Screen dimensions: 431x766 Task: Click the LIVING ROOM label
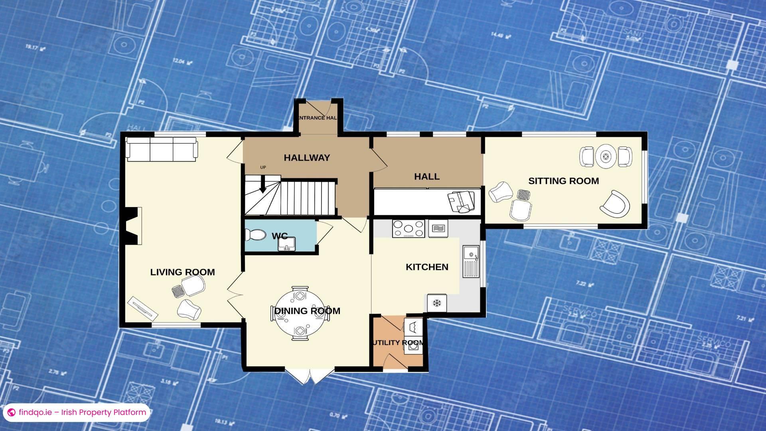point(182,272)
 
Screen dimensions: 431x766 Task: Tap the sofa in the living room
point(162,149)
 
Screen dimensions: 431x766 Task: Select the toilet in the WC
point(255,235)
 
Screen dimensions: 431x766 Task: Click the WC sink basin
point(286,244)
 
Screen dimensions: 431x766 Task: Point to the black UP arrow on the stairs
point(263,186)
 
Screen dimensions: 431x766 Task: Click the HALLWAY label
point(307,158)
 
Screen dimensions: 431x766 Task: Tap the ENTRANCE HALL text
point(318,118)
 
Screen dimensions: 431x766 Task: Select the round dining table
point(300,314)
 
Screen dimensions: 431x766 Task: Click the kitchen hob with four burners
point(408,229)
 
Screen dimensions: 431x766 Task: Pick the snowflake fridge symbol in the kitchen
point(437,303)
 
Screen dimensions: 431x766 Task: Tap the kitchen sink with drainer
point(471,261)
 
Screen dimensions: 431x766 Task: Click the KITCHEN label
point(427,267)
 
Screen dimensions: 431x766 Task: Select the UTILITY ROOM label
point(398,343)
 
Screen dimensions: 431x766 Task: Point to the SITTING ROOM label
point(563,181)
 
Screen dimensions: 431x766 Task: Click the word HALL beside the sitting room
point(426,177)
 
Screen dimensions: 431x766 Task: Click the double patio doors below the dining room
point(310,376)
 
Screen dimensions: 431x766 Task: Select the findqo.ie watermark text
point(82,412)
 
